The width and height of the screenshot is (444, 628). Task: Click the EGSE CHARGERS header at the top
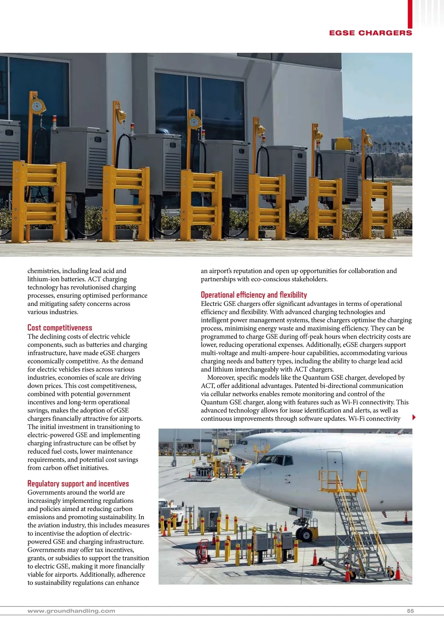[x=370, y=33]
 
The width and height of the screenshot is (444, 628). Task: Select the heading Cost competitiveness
[x=60, y=328]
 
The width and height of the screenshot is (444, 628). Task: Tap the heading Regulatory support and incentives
[x=78, y=484]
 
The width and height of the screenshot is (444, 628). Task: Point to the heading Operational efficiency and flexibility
[x=254, y=295]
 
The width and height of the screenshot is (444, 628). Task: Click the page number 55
[x=410, y=611]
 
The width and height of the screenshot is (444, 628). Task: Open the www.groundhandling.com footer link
[x=71, y=611]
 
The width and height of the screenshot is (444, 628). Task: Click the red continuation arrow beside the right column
[x=414, y=417]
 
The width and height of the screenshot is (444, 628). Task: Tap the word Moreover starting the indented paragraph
[x=221, y=378]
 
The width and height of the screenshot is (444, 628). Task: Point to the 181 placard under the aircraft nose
[x=308, y=514]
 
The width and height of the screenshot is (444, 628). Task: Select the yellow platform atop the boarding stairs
[x=343, y=481]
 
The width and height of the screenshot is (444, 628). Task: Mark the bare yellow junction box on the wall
[x=339, y=144]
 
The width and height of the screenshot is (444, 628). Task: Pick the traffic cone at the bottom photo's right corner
[x=398, y=572]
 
